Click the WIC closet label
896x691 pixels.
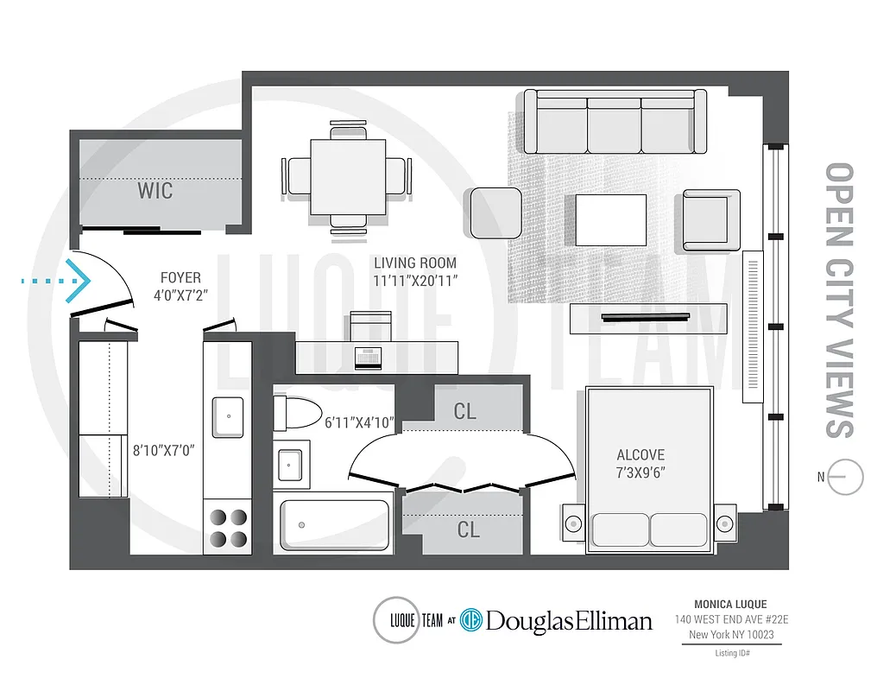click(x=155, y=190)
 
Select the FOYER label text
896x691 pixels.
click(x=180, y=278)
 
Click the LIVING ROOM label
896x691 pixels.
click(x=415, y=263)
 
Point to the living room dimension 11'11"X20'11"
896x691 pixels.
click(x=415, y=280)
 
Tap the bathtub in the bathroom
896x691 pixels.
click(x=334, y=524)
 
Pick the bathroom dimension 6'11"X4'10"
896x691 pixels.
click(x=359, y=423)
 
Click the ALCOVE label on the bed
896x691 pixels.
click(x=640, y=455)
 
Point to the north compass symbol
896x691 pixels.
click(x=845, y=477)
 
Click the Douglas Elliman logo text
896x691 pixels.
click(x=568, y=620)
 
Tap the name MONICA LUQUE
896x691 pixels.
click(x=730, y=605)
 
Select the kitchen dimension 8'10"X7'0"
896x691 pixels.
click(x=165, y=450)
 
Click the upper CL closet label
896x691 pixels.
click(x=464, y=412)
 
